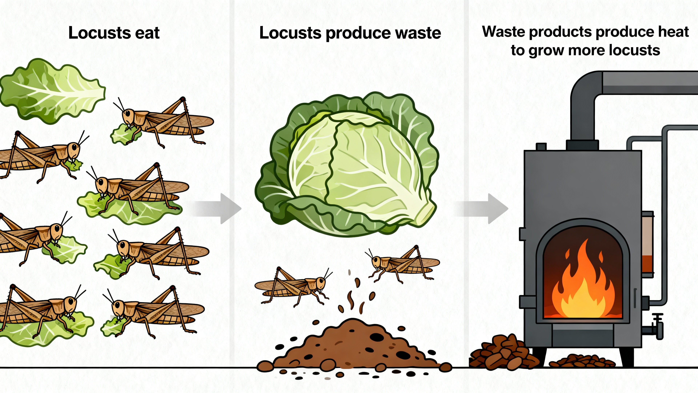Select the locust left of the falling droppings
coord(293,287)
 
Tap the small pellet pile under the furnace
coord(583,361)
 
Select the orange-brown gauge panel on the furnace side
coord(648,244)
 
